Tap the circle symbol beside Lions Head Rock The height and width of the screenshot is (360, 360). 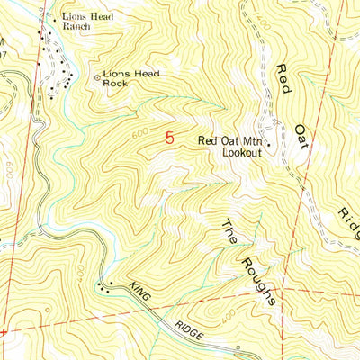[98, 77]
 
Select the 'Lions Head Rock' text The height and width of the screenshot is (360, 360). [129, 77]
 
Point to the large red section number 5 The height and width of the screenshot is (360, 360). [169, 138]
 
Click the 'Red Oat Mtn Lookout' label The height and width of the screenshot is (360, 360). [230, 147]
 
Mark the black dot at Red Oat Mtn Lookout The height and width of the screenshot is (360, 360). [267, 142]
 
